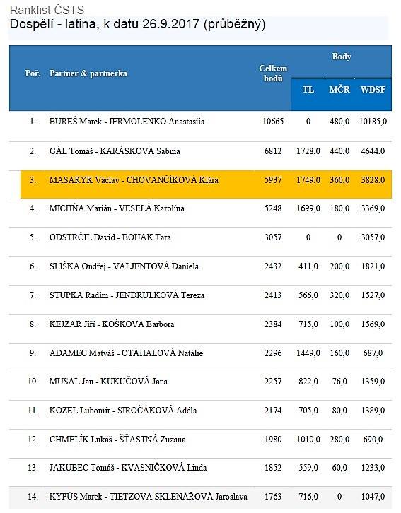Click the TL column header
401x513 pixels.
point(308,89)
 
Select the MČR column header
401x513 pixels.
point(339,89)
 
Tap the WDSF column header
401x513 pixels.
point(373,89)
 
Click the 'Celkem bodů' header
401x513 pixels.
point(273,73)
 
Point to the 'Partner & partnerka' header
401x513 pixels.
point(88,73)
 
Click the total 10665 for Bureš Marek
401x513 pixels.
point(273,122)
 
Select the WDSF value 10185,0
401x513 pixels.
point(373,122)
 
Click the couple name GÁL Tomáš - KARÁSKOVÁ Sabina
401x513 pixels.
point(115,151)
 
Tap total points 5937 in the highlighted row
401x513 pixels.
point(273,180)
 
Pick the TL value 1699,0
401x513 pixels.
point(308,208)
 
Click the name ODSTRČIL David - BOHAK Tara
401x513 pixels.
point(110,237)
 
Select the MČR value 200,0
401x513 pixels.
point(339,266)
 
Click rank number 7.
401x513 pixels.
point(33,295)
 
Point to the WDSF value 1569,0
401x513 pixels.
point(373,324)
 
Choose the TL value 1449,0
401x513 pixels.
point(308,353)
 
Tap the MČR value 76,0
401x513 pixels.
point(339,382)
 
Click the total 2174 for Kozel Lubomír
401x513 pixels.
point(273,411)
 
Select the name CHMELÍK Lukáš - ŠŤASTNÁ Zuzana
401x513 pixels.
point(117,439)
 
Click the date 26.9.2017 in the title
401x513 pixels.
point(171,24)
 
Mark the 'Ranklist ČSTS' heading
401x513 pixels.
point(47,10)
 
